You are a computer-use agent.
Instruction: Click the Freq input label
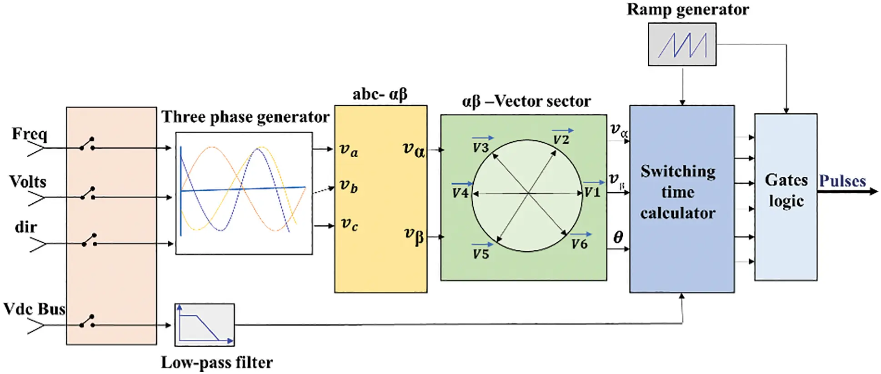(30, 134)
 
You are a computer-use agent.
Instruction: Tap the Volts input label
(28, 182)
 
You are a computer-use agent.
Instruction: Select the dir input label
(26, 227)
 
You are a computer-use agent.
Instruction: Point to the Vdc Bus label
(35, 309)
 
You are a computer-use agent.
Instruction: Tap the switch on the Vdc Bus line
(87, 321)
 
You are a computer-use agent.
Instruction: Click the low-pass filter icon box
(205, 324)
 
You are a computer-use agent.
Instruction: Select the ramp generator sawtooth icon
(682, 45)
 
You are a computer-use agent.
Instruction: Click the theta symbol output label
(618, 237)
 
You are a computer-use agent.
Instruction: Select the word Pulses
(842, 181)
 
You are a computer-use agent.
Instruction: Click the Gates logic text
(786, 190)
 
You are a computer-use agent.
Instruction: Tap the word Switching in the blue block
(678, 171)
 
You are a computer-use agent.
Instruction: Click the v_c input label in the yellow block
(349, 224)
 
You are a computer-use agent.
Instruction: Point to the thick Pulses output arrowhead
(873, 192)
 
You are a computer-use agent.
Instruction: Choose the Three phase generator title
(245, 117)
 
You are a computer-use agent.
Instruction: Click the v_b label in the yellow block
(349, 186)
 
